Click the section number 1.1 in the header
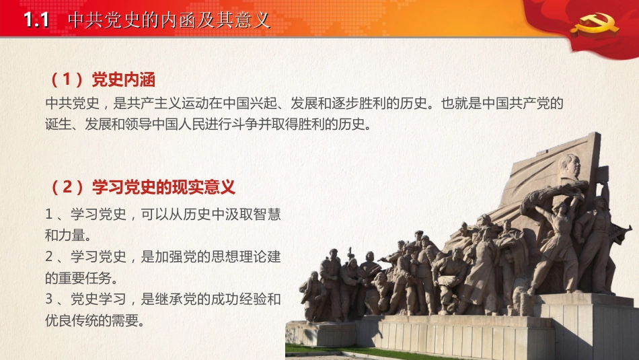pos(36,20)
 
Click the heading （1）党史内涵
pos(102,80)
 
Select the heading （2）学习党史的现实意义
pos(142,186)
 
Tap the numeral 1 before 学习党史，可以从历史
pos(48,215)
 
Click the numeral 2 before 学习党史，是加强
pos(48,256)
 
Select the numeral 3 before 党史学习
pos(48,299)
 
